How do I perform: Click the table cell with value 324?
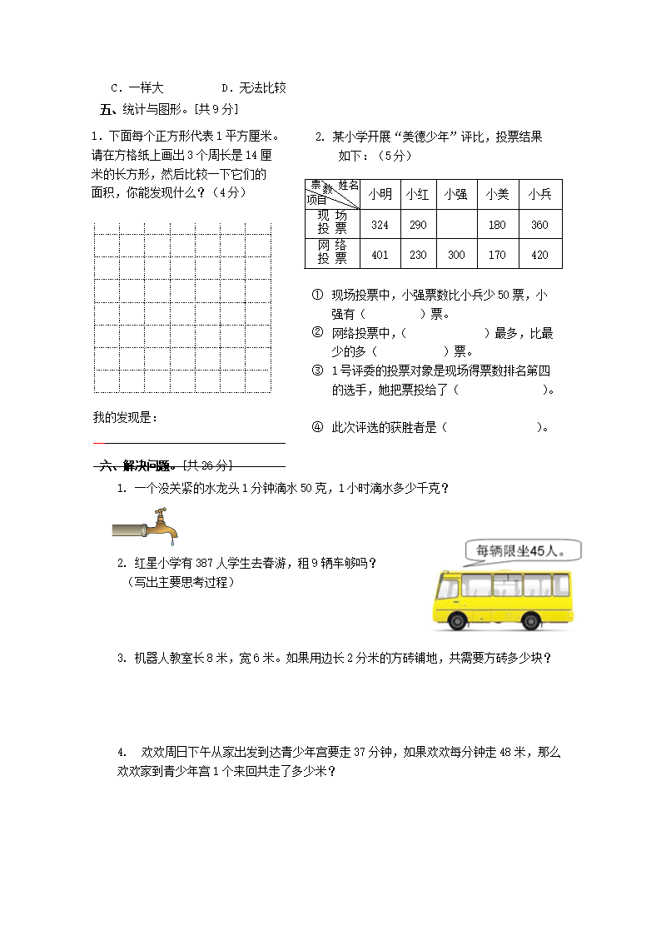click(x=380, y=225)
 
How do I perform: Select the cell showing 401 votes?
click(x=380, y=255)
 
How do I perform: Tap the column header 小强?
click(x=455, y=194)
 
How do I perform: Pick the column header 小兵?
click(x=539, y=194)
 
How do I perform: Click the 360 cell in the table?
click(x=539, y=225)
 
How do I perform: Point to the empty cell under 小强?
click(x=455, y=225)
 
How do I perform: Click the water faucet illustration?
click(x=146, y=525)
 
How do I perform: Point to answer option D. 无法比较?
click(x=254, y=87)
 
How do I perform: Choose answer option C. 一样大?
click(x=137, y=87)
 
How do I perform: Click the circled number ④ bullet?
click(x=317, y=427)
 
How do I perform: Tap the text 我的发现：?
click(x=125, y=417)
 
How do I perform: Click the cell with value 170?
click(x=497, y=255)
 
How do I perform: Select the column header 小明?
click(x=380, y=194)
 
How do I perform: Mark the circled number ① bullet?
click(x=317, y=295)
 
